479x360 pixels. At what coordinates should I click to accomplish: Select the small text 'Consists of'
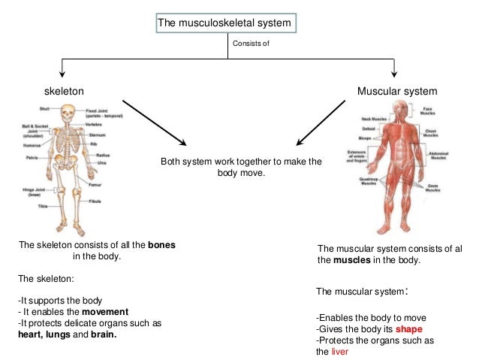250,44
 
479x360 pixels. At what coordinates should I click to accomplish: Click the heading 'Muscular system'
396,91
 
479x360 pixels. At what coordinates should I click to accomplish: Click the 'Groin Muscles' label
432,188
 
